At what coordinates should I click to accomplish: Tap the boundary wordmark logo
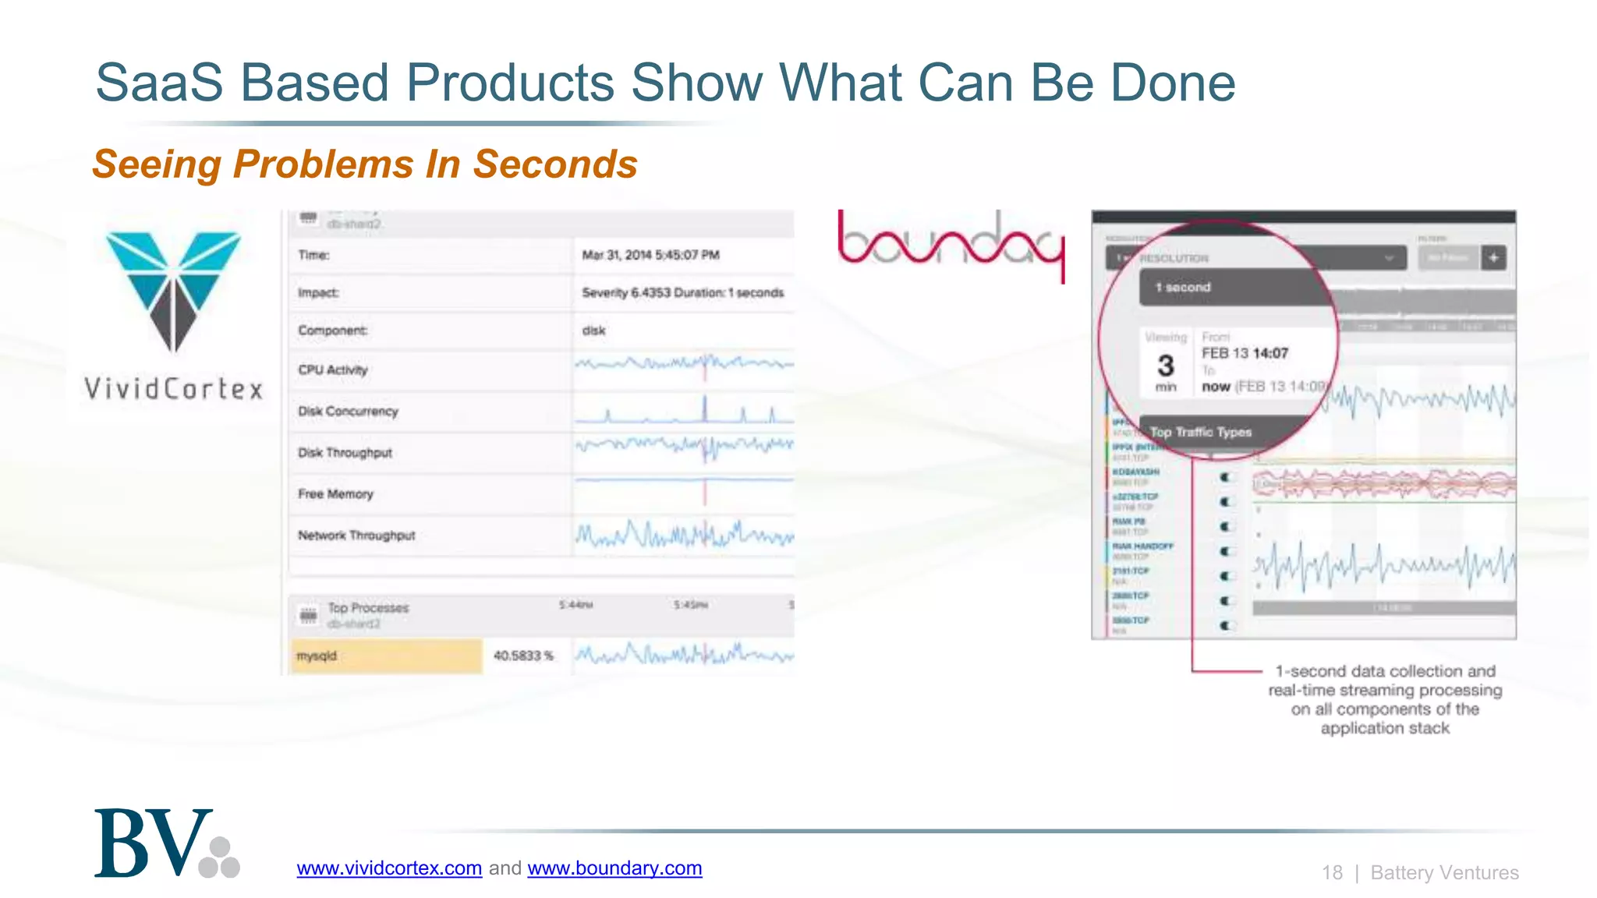[951, 243]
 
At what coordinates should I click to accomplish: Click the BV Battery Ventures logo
[166, 844]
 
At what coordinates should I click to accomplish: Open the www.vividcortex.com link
[389, 868]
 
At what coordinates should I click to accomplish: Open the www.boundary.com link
[614, 868]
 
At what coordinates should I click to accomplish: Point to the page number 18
[1332, 872]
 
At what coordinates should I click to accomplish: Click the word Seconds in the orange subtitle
[555, 164]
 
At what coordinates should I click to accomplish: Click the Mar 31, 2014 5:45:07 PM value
[650, 255]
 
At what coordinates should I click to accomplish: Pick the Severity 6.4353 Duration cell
[682, 292]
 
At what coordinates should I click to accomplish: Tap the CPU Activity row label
[332, 369]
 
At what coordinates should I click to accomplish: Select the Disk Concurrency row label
[348, 411]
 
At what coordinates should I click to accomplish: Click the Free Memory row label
[335, 493]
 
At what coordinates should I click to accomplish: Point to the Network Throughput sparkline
[684, 536]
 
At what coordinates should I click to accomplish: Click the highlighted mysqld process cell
[387, 656]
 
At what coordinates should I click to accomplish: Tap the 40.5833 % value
[523, 656]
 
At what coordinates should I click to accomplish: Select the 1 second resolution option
[1183, 287]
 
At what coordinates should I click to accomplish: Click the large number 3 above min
[1166, 366]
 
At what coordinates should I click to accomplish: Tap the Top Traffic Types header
[1201, 432]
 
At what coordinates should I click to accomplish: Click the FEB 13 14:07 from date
[1245, 353]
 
